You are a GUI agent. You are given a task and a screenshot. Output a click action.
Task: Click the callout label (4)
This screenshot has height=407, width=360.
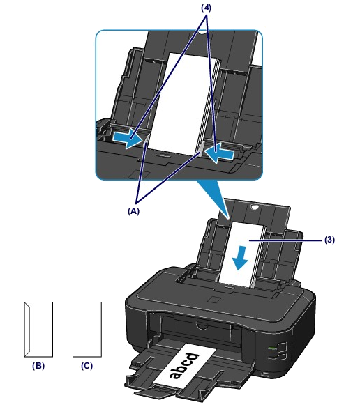pos(206,8)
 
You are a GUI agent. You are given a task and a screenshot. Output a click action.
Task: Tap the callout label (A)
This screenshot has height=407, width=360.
pos(133,211)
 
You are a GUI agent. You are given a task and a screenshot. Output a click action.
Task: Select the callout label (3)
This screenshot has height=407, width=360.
pos(329,240)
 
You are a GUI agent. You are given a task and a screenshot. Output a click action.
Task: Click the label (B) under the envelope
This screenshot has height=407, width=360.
pos(38,366)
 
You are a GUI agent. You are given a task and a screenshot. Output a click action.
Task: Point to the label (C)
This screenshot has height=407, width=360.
pos(87,366)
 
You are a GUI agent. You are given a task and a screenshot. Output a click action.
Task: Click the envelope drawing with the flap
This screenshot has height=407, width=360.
pos(38,330)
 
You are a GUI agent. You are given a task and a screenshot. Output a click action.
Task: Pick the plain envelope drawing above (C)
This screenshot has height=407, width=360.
pos(87,330)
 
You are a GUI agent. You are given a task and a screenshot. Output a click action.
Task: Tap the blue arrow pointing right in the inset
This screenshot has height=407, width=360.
pos(128,139)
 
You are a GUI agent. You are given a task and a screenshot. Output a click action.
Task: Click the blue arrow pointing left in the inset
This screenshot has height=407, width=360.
pos(219,153)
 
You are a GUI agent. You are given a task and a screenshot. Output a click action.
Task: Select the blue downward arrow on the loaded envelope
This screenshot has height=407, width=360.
pos(240,259)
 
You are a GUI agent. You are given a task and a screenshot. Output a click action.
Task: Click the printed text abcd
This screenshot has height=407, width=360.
pos(184,366)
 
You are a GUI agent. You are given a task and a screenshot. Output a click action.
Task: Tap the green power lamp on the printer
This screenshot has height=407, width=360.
pos(271,347)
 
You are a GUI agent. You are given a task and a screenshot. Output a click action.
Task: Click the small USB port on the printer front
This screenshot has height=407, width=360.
pos(265,374)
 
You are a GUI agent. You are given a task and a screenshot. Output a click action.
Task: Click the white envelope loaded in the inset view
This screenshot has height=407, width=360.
pos(182,104)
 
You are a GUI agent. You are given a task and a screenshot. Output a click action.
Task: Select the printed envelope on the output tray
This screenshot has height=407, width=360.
pos(185,367)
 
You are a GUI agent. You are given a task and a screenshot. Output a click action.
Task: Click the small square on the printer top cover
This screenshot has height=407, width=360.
pos(215,300)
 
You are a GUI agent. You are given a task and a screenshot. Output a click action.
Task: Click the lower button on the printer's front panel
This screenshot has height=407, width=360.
pos(281,357)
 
